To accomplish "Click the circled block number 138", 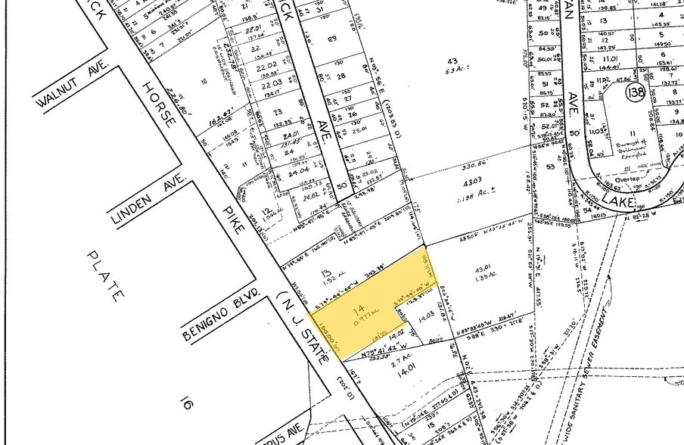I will (636, 94).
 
